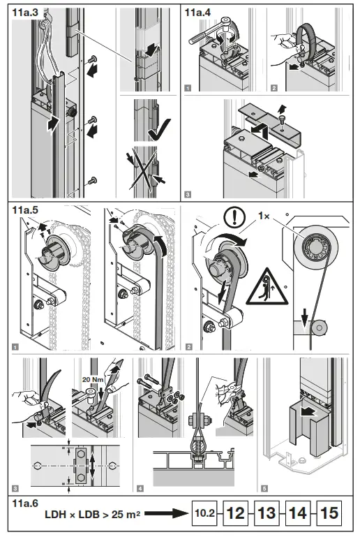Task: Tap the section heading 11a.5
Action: tap(26, 209)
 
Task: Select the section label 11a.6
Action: tap(26, 501)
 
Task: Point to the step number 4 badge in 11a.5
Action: tap(141, 485)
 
